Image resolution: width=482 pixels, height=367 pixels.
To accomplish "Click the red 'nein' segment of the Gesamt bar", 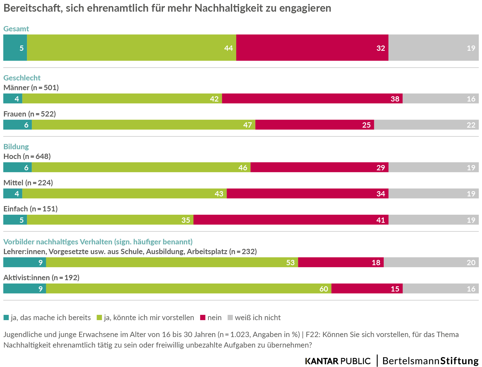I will point(312,48).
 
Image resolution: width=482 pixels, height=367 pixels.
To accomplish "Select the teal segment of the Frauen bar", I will point(17,125).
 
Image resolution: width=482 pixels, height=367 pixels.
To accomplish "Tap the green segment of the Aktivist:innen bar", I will point(189,289).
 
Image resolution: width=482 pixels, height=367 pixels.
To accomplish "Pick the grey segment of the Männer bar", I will point(441,99).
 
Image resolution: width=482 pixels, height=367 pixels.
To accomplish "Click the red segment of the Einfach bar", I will point(291,220).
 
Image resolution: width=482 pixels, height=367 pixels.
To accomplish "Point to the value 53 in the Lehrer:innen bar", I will point(290,262).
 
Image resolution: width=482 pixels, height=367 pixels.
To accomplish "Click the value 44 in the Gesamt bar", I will point(228,48).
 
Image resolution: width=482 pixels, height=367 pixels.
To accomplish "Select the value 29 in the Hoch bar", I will point(380,168).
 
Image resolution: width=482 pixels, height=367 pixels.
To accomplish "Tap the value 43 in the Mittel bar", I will point(219,194).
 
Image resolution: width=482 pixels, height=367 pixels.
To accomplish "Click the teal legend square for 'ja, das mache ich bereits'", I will point(6,318).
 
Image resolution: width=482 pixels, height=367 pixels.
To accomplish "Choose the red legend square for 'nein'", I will point(203,318).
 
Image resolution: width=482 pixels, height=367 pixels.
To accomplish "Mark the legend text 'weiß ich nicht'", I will point(258,318).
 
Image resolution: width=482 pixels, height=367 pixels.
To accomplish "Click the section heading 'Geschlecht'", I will point(22,78).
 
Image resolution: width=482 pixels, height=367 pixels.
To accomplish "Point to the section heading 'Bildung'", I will point(16,147).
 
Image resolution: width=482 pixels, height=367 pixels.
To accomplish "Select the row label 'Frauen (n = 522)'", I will point(29,114).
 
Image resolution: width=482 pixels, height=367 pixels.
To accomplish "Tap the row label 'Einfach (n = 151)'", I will point(31,209).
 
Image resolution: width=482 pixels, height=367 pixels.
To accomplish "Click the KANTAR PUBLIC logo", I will point(338,361).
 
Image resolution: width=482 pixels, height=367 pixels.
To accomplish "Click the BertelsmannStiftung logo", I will point(430,361).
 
